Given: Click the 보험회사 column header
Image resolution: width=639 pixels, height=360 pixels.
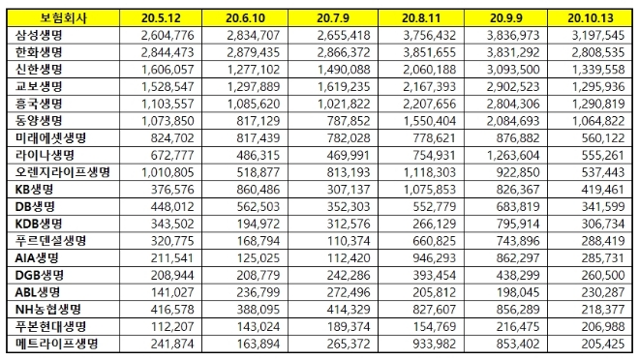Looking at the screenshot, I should pyautogui.click(x=63, y=18).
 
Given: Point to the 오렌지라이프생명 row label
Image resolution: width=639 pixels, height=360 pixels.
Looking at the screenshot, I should pyautogui.click(x=62, y=171).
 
